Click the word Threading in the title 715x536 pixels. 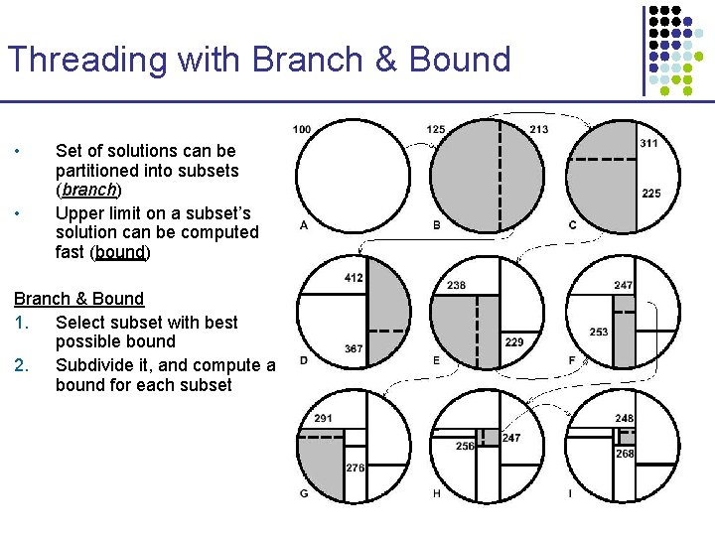pos(87,60)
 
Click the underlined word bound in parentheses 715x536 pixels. pos(120,252)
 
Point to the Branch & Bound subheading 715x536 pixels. pos(78,299)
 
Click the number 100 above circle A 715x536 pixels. pos(302,129)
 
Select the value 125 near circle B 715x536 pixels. pos(435,129)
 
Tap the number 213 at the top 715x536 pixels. pos(538,129)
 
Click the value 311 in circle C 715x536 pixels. pos(648,143)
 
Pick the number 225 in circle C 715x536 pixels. pos(650,194)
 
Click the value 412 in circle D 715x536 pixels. pos(354,278)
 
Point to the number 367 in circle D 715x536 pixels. pos(354,348)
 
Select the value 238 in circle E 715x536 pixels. pos(456,285)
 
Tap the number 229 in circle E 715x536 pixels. pos(514,342)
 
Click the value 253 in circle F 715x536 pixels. pos(598,332)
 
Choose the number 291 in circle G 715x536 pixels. pos(323,419)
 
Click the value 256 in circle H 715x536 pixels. pos(465,447)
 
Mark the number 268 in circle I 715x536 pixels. pos(624,454)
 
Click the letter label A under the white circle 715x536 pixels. pos(303,225)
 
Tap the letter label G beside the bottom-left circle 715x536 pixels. pos(303,494)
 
